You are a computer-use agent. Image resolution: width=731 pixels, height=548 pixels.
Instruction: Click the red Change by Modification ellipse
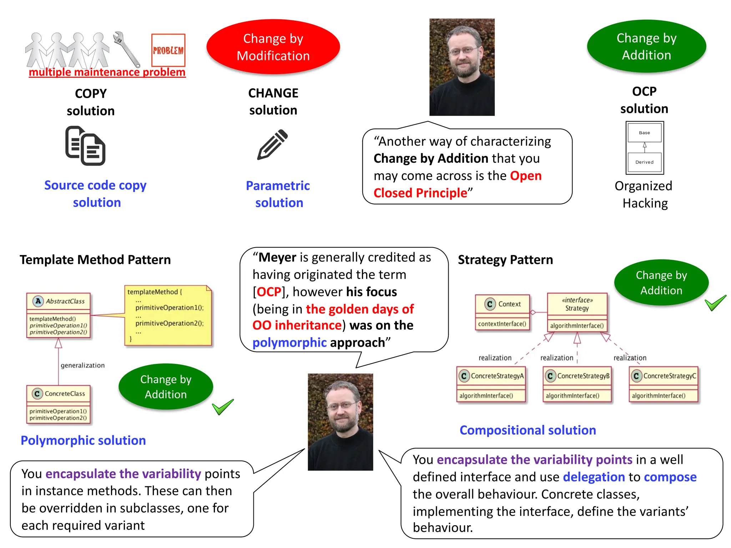point(273,47)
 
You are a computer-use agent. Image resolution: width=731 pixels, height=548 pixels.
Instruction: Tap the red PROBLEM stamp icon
point(168,50)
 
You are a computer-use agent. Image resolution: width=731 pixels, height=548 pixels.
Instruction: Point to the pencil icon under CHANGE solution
point(272,144)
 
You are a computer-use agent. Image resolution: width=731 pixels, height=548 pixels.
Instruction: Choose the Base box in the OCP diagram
point(644,133)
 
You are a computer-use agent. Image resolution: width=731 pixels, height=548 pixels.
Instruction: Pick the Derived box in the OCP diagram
point(644,162)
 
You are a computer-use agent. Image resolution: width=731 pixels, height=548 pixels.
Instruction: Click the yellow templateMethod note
point(168,315)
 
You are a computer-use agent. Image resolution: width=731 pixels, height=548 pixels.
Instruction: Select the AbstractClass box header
point(59,301)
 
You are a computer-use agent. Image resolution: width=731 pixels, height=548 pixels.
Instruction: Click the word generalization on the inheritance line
point(83,365)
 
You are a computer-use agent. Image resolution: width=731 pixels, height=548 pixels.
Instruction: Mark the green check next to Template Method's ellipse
point(223,407)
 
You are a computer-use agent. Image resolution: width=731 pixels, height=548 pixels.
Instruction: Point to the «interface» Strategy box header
point(577,304)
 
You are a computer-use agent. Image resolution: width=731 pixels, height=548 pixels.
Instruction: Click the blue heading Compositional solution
point(528,430)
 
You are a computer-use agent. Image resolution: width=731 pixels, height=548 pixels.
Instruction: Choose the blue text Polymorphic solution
point(83,441)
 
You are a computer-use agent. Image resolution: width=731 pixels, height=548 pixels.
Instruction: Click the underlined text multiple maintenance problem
point(107,72)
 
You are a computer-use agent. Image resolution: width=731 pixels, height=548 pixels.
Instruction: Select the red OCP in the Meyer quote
point(269,292)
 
